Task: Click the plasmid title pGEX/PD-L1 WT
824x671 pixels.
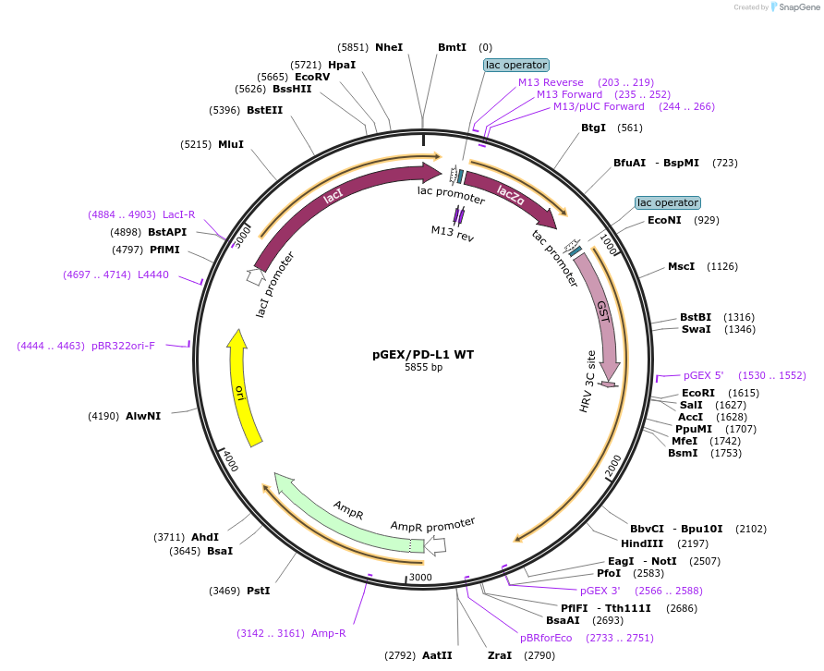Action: [x=423, y=353]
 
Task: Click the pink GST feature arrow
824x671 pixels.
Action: [x=601, y=314]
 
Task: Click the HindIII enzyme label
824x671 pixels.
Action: [x=638, y=543]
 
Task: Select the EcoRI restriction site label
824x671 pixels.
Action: [x=699, y=392]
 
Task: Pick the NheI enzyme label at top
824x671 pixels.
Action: [x=389, y=47]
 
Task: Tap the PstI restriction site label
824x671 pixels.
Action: [x=259, y=590]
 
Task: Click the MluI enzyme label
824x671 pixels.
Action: [x=231, y=144]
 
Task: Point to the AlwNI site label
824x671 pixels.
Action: [x=143, y=416]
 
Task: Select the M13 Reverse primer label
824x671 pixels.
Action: [x=551, y=82]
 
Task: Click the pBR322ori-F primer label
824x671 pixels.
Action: [x=124, y=346]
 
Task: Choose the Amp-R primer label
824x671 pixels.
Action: [x=329, y=633]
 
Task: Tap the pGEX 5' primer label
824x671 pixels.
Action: [x=704, y=375]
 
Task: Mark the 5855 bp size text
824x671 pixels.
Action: [x=423, y=367]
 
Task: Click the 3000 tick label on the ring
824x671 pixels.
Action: [x=420, y=577]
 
